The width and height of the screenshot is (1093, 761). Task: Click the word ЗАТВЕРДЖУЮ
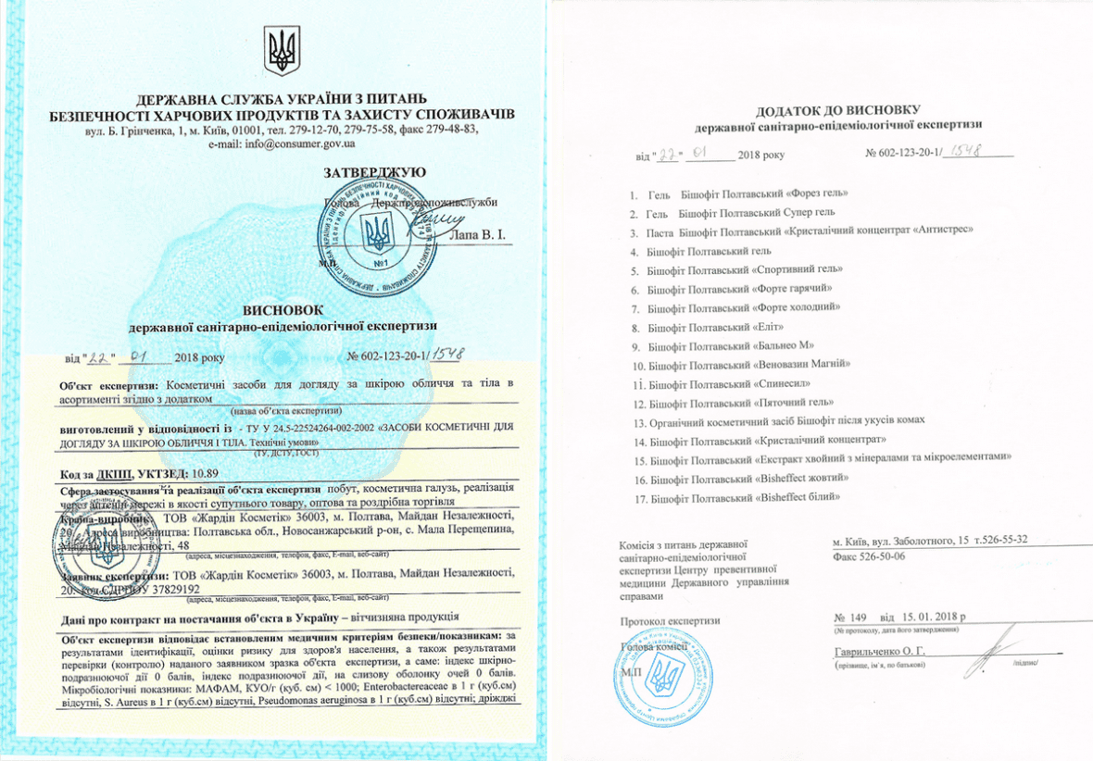[374, 173]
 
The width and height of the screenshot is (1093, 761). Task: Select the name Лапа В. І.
[476, 237]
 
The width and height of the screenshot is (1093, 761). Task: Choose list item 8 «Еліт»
[716, 328]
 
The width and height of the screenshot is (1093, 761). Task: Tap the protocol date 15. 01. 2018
[931, 616]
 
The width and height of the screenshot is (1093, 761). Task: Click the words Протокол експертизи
[671, 620]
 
